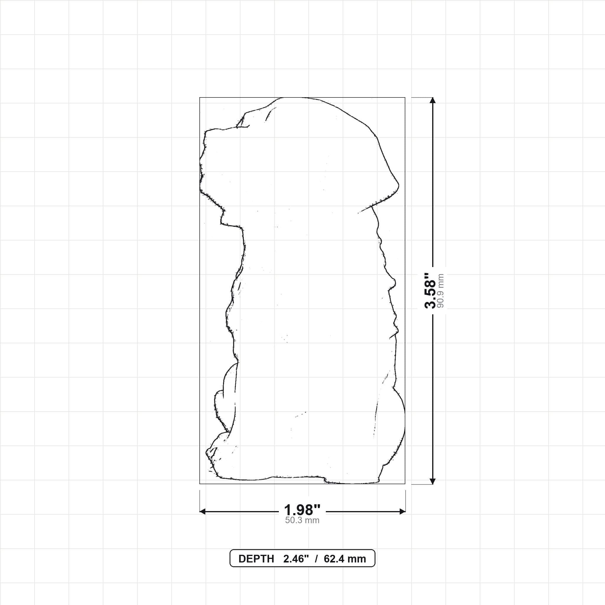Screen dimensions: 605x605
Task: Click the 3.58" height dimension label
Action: tap(430, 291)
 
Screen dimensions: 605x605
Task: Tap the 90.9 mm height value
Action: tap(440, 291)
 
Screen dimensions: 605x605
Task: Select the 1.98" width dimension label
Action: tap(302, 510)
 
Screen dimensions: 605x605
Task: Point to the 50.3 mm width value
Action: tap(302, 521)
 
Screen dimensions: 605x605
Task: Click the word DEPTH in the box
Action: tap(256, 559)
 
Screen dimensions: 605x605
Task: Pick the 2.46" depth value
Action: tap(296, 559)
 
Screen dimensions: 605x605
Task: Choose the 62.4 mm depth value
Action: tap(345, 559)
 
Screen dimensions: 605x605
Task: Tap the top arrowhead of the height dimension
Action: tap(433, 100)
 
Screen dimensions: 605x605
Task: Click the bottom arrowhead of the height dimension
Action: tap(433, 481)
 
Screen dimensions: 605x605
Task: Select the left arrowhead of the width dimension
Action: tap(203, 512)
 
